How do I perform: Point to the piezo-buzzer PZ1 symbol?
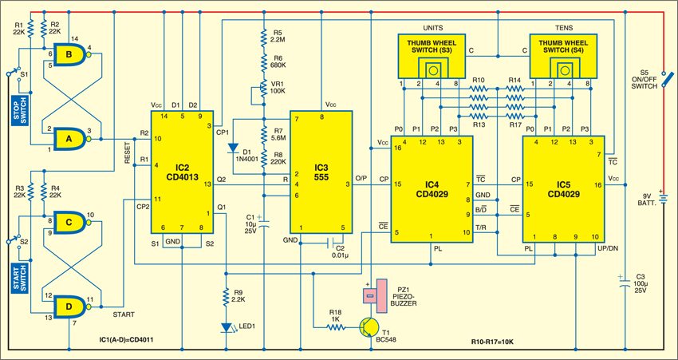pyautogui.click(x=370, y=295)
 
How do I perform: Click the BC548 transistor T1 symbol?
pyautogui.click(x=369, y=326)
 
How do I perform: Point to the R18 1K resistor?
pyautogui.click(x=336, y=326)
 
